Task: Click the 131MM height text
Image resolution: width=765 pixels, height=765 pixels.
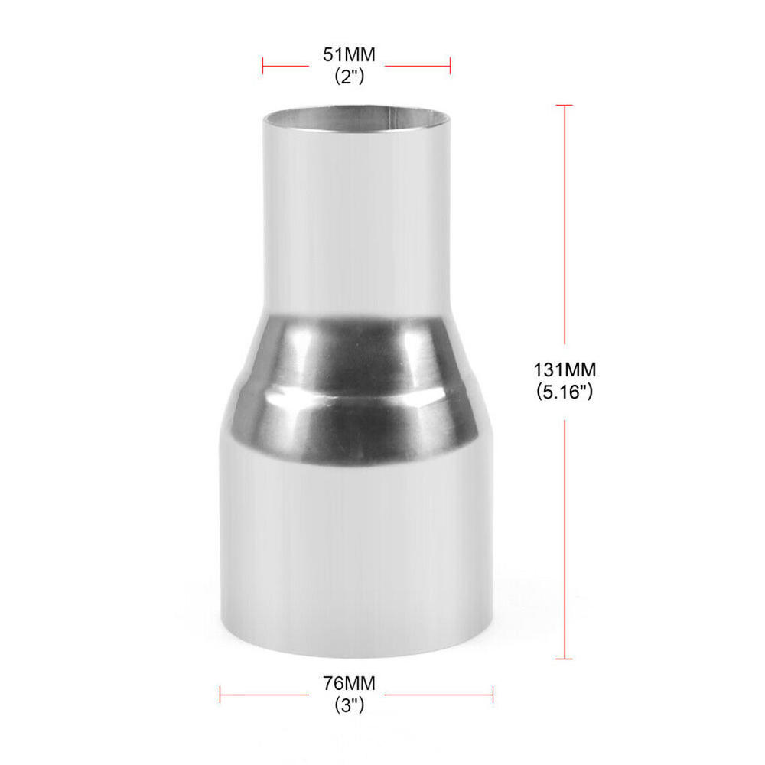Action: [565, 369]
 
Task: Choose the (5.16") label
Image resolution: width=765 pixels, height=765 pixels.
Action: [565, 392]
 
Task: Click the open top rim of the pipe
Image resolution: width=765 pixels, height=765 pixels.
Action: [356, 119]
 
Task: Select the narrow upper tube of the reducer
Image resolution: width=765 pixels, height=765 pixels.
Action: [356, 222]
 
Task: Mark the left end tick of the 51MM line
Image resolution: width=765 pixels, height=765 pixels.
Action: [263, 66]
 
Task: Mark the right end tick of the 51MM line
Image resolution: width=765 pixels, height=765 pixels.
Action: [450, 66]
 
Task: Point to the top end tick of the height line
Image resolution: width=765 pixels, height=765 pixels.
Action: [565, 106]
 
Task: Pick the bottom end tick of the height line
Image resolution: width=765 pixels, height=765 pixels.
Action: [565, 658]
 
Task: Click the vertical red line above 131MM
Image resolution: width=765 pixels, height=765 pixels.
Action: [565, 229]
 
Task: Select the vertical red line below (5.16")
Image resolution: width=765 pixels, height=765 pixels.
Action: [565, 535]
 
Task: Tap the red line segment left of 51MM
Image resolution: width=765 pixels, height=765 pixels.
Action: [287, 66]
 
